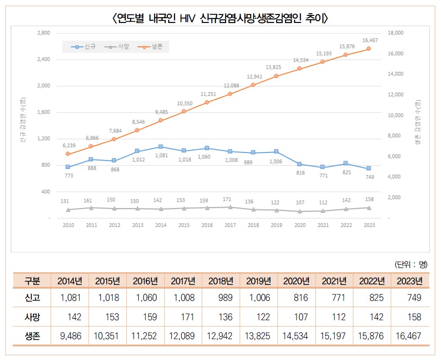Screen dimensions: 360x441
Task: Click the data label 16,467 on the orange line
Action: pos(370,41)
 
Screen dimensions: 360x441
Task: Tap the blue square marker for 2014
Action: pos(161,147)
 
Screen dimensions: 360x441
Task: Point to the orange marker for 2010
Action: pos(68,154)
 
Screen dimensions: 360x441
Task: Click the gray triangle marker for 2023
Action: pos(369,208)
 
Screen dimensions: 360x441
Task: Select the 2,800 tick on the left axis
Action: pos(44,33)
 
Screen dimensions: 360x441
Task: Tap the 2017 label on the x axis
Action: pos(230,225)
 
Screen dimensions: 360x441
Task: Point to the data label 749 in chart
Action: pos(370,177)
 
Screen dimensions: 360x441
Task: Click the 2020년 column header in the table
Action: pos(296,281)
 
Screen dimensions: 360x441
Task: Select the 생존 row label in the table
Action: pos(32,336)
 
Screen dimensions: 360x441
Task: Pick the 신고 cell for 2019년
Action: pos(259,298)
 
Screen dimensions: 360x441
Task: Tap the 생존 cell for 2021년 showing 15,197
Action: pos(334,336)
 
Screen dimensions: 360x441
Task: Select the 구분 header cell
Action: pos(32,281)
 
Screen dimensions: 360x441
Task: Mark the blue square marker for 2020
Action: pos(300,164)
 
